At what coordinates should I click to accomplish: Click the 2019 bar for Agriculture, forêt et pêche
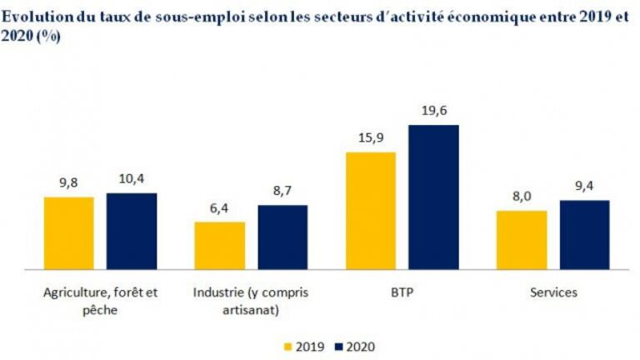(x=68, y=233)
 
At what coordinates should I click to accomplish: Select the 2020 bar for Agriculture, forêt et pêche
(x=131, y=232)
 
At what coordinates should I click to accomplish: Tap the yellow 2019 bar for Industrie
(x=219, y=246)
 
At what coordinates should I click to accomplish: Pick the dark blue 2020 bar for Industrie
(x=282, y=237)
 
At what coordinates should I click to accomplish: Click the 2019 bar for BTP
(x=371, y=211)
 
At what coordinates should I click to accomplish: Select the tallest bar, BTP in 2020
(x=433, y=197)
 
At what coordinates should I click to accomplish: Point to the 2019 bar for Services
(x=522, y=240)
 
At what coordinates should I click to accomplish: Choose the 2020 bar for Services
(x=584, y=235)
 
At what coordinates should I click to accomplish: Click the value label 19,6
(x=433, y=110)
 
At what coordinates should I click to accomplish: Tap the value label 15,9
(x=371, y=137)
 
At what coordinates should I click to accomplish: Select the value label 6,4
(x=219, y=207)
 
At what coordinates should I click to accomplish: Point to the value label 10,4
(x=131, y=178)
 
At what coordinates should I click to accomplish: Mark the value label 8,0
(x=522, y=197)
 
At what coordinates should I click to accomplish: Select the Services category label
(x=553, y=293)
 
